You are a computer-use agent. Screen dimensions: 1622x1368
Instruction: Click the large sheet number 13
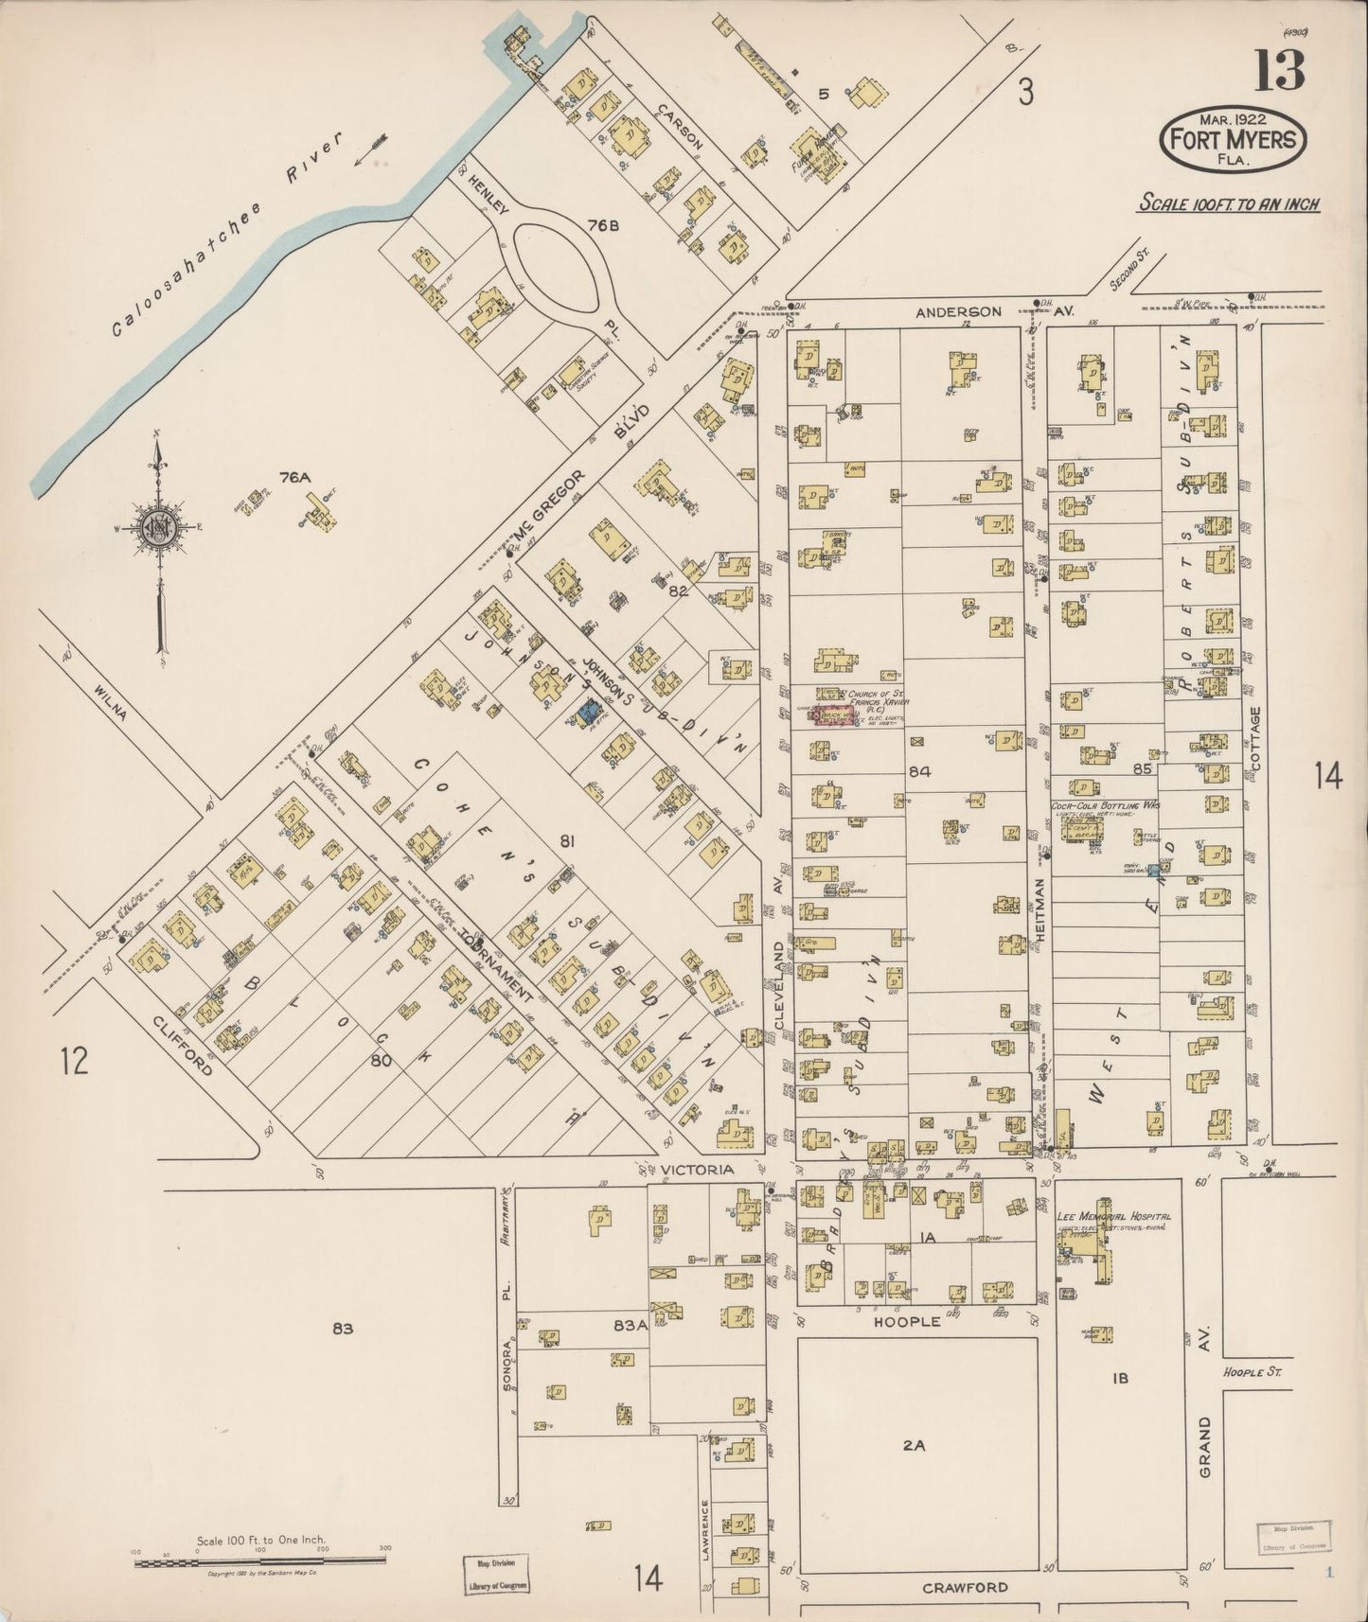pyautogui.click(x=1280, y=69)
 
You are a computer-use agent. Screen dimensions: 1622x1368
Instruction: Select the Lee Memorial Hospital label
pyautogui.click(x=1114, y=1217)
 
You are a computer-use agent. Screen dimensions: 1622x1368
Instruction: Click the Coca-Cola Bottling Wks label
pyautogui.click(x=1106, y=806)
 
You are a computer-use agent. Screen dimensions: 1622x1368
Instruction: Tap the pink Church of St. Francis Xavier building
pyautogui.click(x=837, y=716)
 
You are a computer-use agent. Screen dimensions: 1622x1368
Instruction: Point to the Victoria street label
pyautogui.click(x=697, y=1170)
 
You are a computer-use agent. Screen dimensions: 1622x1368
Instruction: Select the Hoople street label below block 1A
pyautogui.click(x=907, y=1321)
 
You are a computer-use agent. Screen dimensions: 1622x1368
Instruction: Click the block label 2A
pyautogui.click(x=913, y=1445)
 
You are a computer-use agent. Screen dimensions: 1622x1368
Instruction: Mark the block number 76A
pyautogui.click(x=294, y=478)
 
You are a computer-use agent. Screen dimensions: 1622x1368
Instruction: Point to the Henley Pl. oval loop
pyautogui.click(x=557, y=268)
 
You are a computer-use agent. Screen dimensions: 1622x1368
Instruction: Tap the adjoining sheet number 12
pyautogui.click(x=74, y=1060)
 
